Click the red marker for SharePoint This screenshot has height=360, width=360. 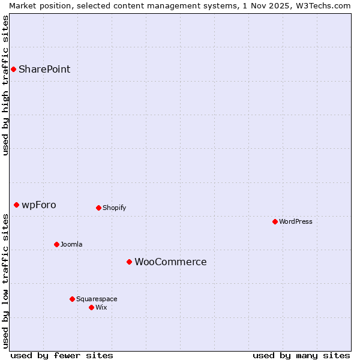point(13,69)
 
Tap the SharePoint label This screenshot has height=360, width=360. point(44,69)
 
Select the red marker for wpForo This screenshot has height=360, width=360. point(16,205)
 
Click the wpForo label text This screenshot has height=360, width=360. point(39,205)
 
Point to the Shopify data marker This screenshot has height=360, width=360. point(98,208)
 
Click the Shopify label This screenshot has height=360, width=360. point(114,208)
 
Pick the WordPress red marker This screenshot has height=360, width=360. point(275,221)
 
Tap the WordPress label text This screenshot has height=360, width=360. point(296,221)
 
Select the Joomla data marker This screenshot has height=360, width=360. point(56,244)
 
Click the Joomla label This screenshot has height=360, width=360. point(71,244)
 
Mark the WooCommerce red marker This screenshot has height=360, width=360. point(129,262)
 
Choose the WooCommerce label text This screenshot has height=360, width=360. point(170,262)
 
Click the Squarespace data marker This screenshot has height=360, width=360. point(72,299)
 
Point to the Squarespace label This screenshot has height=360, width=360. point(97,299)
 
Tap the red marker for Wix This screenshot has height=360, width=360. point(91,307)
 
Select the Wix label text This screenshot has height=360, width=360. point(101,307)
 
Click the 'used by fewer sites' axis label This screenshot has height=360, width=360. point(62,355)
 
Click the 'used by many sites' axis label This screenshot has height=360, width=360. point(301,355)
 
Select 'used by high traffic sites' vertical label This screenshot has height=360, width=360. point(5,85)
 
